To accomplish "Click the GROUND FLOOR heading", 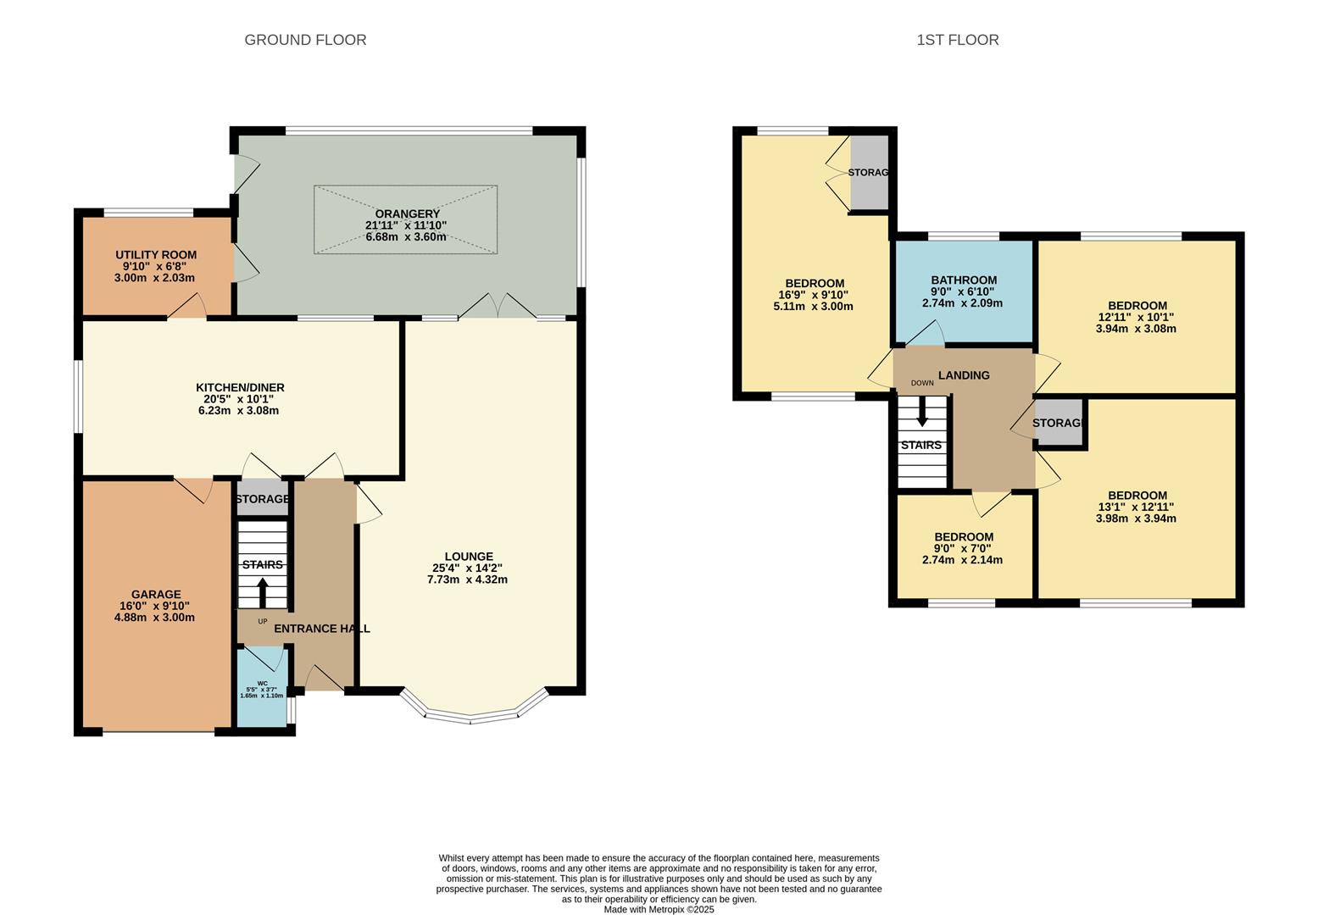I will (305, 40).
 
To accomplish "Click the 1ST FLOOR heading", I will (957, 40).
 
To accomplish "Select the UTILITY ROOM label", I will (156, 255).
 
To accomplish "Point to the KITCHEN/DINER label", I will (240, 388).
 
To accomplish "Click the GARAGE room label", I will (155, 595).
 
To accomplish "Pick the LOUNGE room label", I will (468, 557).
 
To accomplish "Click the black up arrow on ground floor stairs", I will (262, 592).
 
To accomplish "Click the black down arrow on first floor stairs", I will (921, 412).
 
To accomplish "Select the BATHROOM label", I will (964, 280).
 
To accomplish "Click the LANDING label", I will (964, 375).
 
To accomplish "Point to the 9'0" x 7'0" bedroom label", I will (964, 548).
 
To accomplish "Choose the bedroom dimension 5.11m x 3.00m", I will (813, 307).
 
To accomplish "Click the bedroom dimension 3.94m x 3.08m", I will (1136, 329).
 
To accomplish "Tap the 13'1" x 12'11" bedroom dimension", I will (1136, 507).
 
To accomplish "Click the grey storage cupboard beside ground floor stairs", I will (262, 499).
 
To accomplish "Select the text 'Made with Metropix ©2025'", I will (659, 910).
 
